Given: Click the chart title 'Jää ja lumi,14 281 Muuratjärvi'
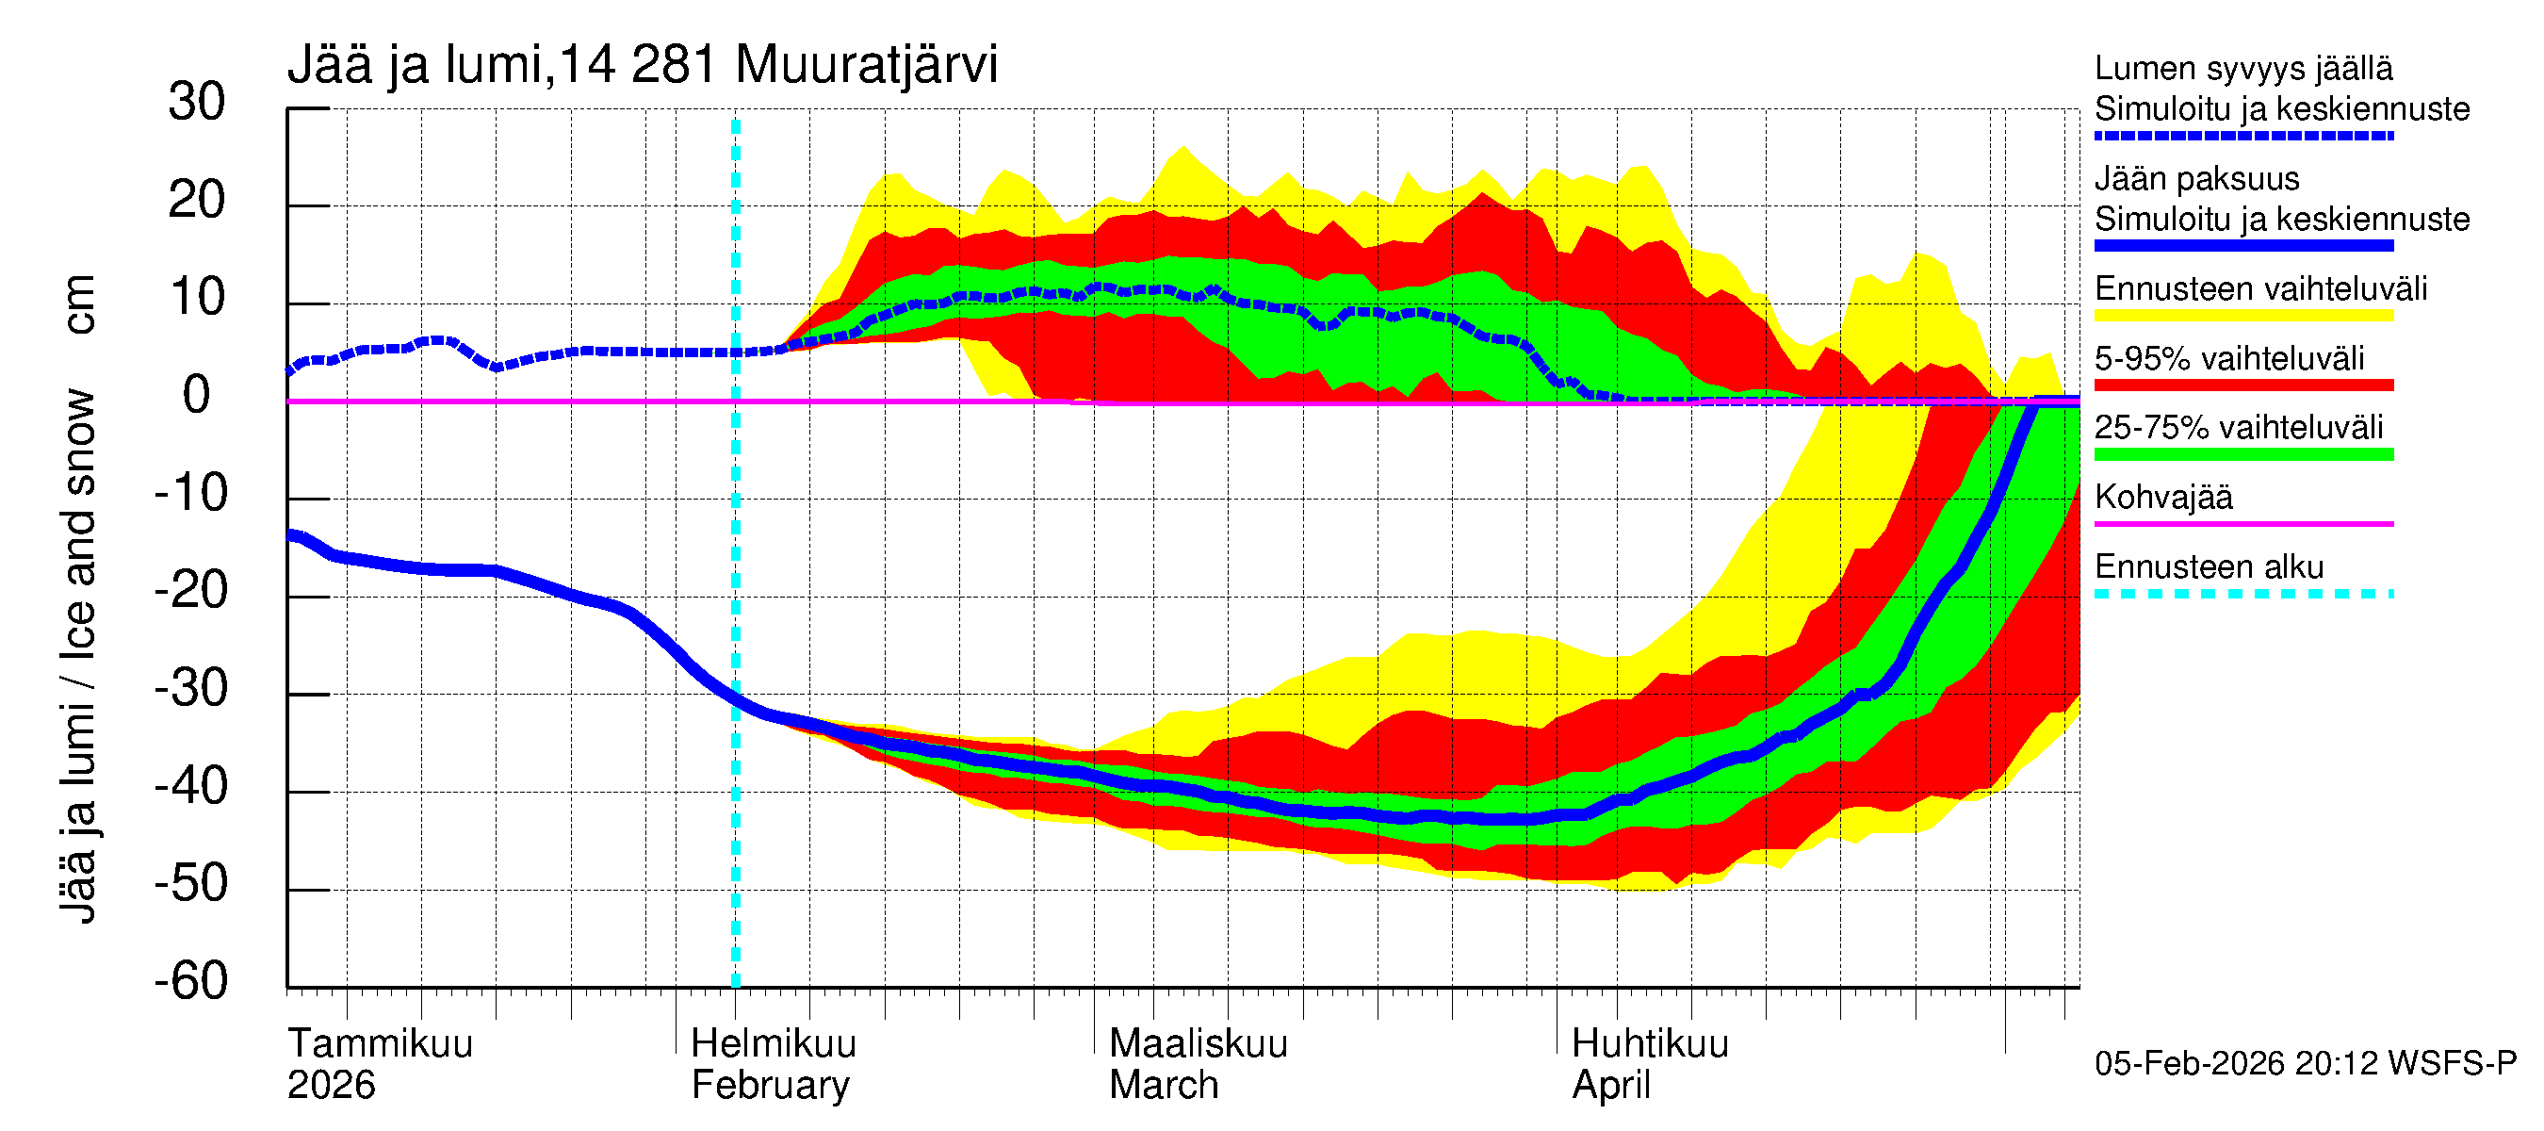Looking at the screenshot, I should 642,65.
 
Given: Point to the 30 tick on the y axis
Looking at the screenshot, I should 197,103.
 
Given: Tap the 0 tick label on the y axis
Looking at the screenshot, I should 197,395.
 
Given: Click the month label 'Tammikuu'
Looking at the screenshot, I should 381,1044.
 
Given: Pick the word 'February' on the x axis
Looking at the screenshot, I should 771,1086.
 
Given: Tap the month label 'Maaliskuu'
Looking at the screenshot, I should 1198,1044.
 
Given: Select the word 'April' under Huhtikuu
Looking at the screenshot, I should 1611,1086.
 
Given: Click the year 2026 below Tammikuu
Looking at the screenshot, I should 331,1086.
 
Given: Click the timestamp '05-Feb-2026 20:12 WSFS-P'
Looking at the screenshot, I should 2305,1064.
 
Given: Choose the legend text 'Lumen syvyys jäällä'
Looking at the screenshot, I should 2242,69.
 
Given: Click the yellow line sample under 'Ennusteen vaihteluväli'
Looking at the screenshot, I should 2242,316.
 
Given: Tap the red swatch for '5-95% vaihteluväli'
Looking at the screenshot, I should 2242,385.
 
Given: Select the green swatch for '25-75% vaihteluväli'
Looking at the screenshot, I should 2242,454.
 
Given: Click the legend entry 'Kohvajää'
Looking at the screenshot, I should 2162,497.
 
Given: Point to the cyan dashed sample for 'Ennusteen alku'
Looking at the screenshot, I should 2242,594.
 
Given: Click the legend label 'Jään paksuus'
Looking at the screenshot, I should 2196,179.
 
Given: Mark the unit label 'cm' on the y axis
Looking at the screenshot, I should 78,304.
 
